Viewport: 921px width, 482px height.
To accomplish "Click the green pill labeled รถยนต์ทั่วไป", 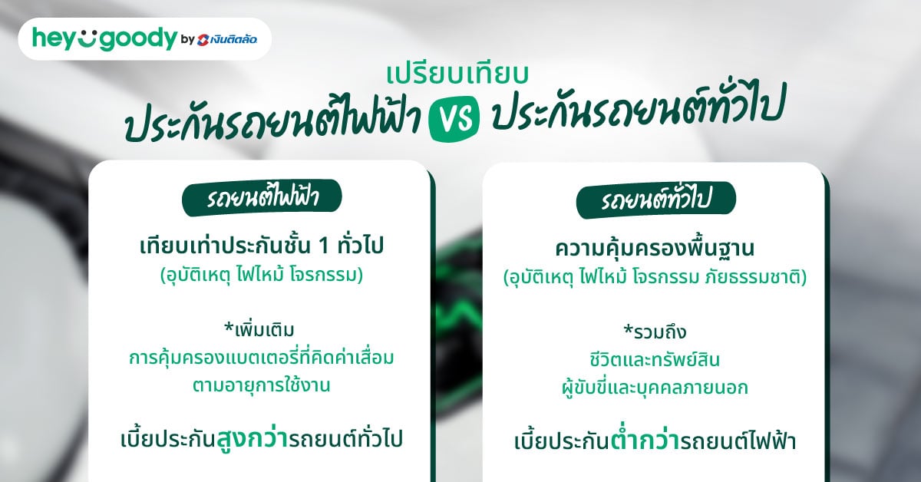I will (x=655, y=201).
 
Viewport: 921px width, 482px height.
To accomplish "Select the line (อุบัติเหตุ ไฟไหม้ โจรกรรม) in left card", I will (x=261, y=274).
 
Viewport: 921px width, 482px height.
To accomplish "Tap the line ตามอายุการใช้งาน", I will (x=261, y=385).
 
